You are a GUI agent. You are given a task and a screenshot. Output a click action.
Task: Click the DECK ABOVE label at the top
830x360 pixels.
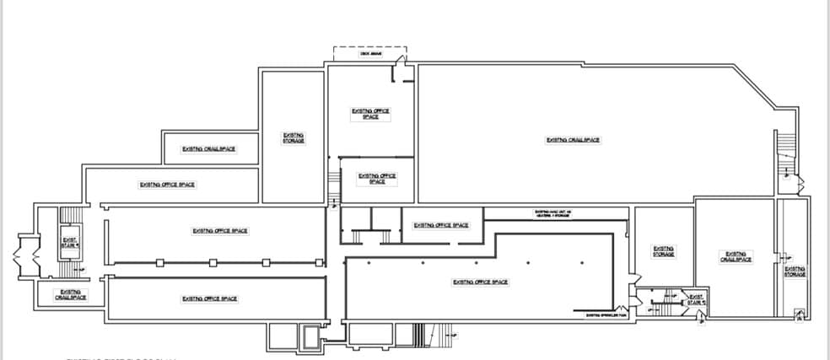[x=370, y=54]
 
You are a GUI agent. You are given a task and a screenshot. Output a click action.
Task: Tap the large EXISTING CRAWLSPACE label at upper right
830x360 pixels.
[x=573, y=140]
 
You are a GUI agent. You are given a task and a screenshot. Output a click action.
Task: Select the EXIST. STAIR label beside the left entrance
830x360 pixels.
[x=69, y=243]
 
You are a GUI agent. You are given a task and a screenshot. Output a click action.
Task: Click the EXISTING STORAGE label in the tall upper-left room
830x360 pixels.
[x=294, y=137]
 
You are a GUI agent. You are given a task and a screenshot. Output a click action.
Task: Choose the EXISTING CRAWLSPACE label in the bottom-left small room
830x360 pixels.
[x=69, y=294]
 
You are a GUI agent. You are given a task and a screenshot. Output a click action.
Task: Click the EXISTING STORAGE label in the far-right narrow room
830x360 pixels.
[x=795, y=271]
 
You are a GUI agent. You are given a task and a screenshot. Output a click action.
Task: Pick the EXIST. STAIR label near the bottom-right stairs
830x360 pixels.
[x=696, y=298]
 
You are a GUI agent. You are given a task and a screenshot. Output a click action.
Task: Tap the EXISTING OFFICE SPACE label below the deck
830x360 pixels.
[x=371, y=113]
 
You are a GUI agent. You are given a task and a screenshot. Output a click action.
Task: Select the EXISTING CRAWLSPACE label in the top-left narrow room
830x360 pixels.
[x=208, y=149]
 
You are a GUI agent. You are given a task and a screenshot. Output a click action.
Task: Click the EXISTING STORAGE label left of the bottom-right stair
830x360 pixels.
[x=663, y=250]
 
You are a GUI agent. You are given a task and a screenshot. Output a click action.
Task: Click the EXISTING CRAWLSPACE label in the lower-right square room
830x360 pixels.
[x=735, y=256]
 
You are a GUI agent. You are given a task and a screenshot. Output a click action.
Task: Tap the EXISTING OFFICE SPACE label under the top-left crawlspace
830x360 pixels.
[x=168, y=185]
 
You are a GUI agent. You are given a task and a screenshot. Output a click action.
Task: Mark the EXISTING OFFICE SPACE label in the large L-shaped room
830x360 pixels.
[x=480, y=282]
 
